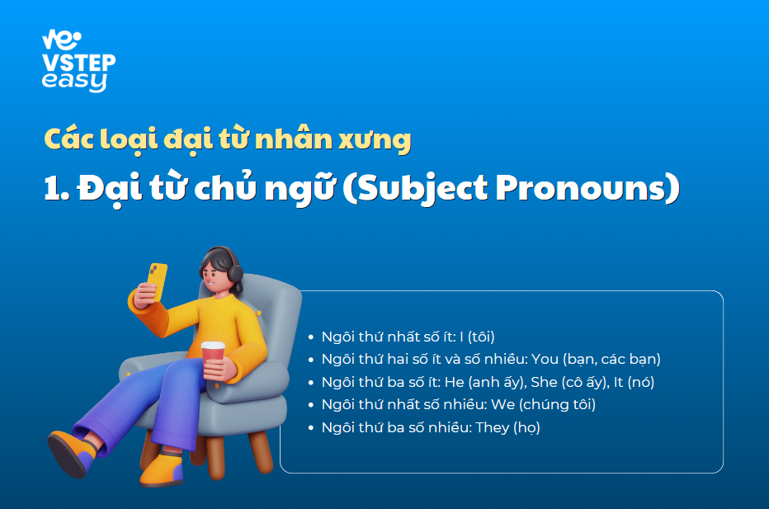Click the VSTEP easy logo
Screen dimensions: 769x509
click(x=78, y=61)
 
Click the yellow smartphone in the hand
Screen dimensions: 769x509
click(x=157, y=281)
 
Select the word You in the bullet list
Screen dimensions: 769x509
click(x=545, y=359)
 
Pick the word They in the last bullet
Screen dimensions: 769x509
click(x=493, y=427)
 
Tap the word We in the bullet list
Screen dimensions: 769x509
click(x=502, y=404)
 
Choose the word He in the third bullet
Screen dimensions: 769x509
click(x=454, y=382)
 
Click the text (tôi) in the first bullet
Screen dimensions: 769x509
click(x=480, y=337)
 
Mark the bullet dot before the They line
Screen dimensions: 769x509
click(x=310, y=427)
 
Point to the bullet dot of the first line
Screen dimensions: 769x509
click(x=310, y=337)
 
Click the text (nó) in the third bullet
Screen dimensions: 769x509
click(x=641, y=382)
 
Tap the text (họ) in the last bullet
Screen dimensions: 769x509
click(x=526, y=427)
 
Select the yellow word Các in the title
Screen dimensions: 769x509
click(x=69, y=139)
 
